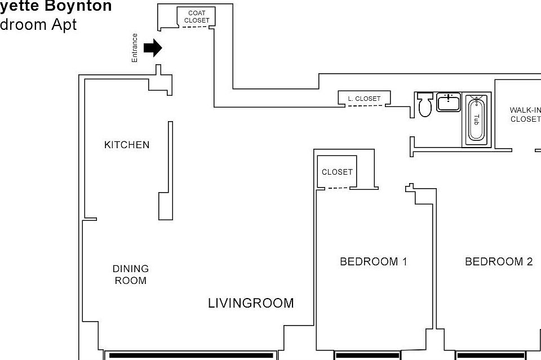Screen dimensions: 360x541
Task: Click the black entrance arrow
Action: coord(153,48)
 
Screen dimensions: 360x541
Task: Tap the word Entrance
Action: coord(135,48)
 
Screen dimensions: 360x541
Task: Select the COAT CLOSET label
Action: coord(197,17)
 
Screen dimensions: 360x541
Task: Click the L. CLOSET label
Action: coord(364,99)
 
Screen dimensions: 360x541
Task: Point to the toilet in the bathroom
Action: coord(425,105)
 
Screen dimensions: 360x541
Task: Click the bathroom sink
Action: coord(449,103)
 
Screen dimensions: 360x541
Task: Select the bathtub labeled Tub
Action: coord(476,119)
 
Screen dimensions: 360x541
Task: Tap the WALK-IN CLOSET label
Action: coord(525,114)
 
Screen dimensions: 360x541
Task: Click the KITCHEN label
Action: coord(127,145)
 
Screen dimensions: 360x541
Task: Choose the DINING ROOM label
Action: coord(130,274)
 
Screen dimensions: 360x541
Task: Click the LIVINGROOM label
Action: coord(251,303)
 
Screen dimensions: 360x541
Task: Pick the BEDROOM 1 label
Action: coord(373,261)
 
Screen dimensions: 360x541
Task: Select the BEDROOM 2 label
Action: coord(498,261)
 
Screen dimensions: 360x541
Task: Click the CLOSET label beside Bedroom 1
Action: coord(337,172)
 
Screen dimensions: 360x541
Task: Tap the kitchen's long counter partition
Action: coord(170,169)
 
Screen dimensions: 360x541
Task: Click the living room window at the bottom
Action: coord(191,355)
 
